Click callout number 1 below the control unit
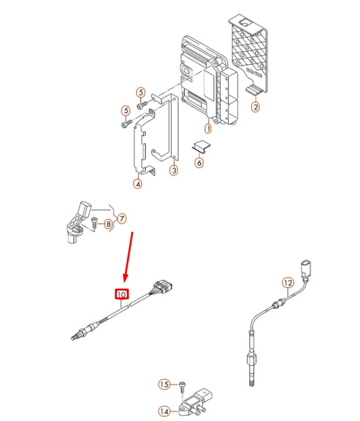click(x=208, y=128)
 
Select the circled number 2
click(x=256, y=107)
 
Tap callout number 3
click(x=174, y=171)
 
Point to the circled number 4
click(x=138, y=183)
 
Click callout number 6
click(x=199, y=162)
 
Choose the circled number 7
click(x=122, y=218)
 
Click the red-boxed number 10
click(x=122, y=295)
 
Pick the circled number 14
click(x=163, y=411)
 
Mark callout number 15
click(x=164, y=385)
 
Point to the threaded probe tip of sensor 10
click(x=76, y=332)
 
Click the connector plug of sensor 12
click(x=306, y=266)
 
